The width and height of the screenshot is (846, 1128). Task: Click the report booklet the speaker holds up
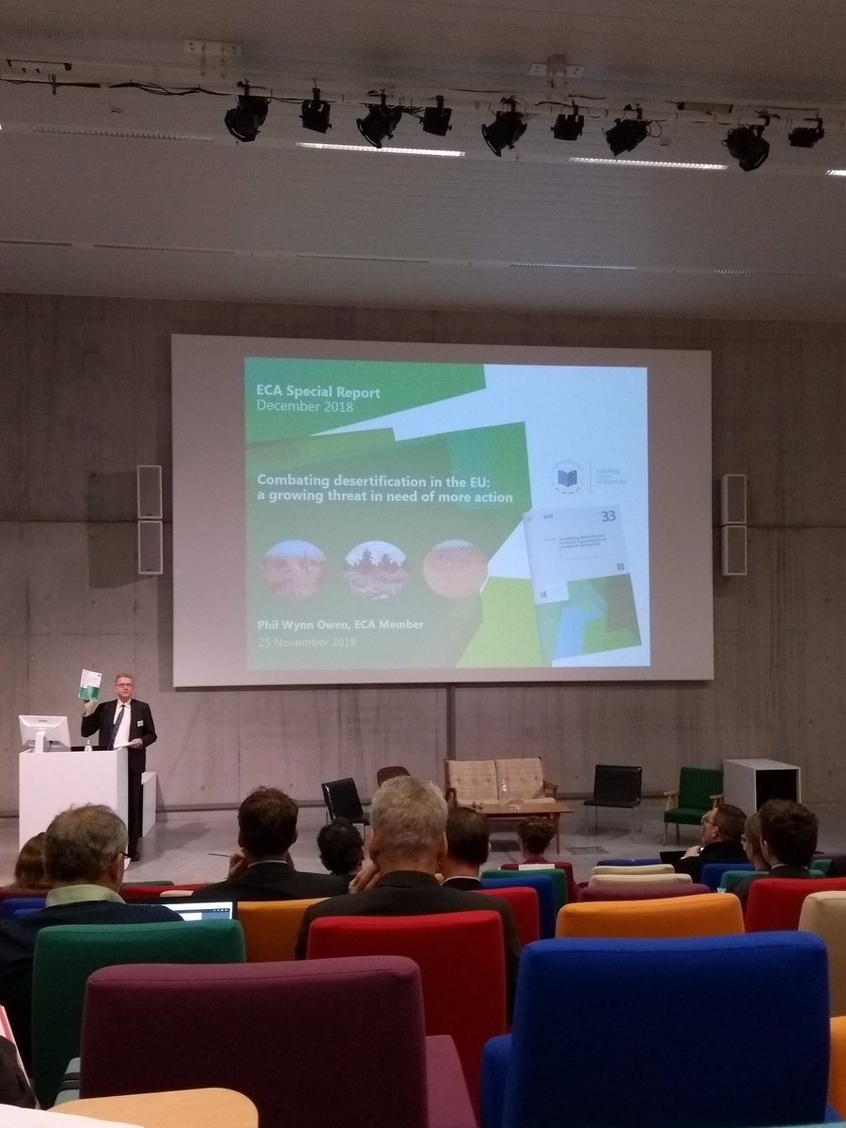pyautogui.click(x=89, y=684)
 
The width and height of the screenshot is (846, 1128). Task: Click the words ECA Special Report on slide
pyautogui.click(x=319, y=393)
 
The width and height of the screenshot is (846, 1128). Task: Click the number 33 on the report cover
pyautogui.click(x=608, y=516)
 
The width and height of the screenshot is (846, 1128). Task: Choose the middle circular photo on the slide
pyautogui.click(x=375, y=570)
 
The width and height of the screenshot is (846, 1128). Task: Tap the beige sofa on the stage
pyautogui.click(x=498, y=782)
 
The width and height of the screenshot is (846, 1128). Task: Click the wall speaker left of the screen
pyautogui.click(x=149, y=519)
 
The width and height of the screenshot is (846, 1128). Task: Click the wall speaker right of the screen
pyautogui.click(x=734, y=525)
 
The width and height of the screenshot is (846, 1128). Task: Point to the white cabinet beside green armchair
pyautogui.click(x=760, y=786)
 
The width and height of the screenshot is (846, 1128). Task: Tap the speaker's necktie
pyautogui.click(x=117, y=726)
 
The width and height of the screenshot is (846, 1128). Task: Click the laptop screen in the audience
pyautogui.click(x=204, y=910)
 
